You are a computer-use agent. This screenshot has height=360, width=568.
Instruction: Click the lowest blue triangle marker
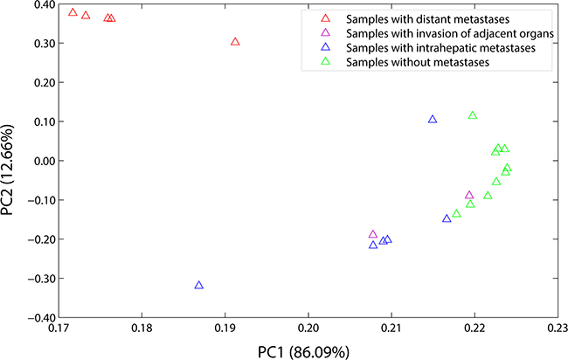199,286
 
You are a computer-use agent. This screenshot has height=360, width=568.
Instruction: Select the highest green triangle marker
473,115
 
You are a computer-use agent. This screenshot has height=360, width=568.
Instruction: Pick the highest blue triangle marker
433,119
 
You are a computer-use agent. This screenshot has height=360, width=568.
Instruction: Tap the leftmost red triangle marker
73,12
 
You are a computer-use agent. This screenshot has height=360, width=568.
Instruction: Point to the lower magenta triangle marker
373,234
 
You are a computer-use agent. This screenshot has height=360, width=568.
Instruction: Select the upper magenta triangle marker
469,196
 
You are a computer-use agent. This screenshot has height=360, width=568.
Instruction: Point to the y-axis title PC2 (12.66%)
12,161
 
